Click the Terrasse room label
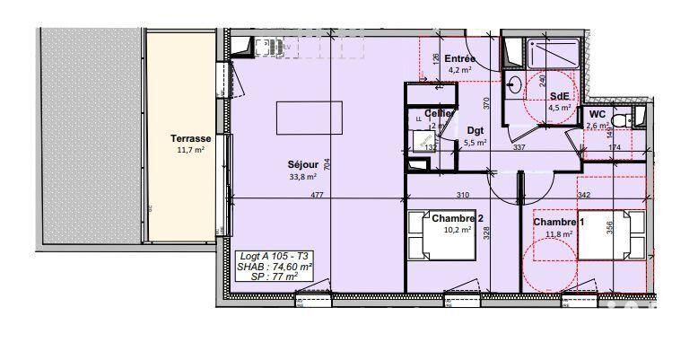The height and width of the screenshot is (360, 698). point(190,139)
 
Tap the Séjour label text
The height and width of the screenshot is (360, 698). point(302,165)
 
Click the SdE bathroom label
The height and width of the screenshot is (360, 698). point(559,97)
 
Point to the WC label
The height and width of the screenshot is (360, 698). point(597,114)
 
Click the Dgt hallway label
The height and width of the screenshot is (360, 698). point(475,131)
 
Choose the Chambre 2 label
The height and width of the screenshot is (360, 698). point(457,217)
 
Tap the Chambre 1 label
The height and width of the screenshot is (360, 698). point(558,223)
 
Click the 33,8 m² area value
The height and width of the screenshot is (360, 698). point(303,177)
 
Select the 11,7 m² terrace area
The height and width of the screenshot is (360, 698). point(190,150)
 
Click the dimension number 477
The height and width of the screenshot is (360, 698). point(317,196)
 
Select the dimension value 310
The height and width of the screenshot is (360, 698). point(462,196)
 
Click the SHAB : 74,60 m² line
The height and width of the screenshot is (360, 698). point(275,268)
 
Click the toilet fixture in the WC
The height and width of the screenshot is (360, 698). point(633,118)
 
